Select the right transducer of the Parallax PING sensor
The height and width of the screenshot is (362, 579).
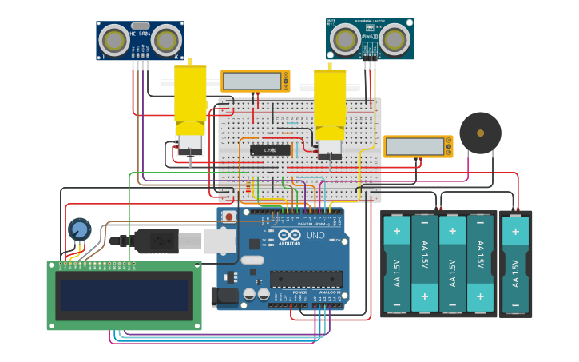(x=395, y=38)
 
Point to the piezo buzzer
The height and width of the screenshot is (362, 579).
(x=480, y=133)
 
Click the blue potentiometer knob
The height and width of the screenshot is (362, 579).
(x=79, y=230)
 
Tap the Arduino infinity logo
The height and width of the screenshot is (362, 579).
(x=284, y=237)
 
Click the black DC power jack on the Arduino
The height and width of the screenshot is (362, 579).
(x=225, y=296)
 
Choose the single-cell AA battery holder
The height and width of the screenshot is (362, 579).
(x=515, y=264)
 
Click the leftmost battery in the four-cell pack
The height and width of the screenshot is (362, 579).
(x=396, y=264)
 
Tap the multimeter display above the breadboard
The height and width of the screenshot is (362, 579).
(x=252, y=82)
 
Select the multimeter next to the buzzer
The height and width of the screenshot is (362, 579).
(x=417, y=146)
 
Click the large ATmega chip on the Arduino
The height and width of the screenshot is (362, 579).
(x=306, y=279)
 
